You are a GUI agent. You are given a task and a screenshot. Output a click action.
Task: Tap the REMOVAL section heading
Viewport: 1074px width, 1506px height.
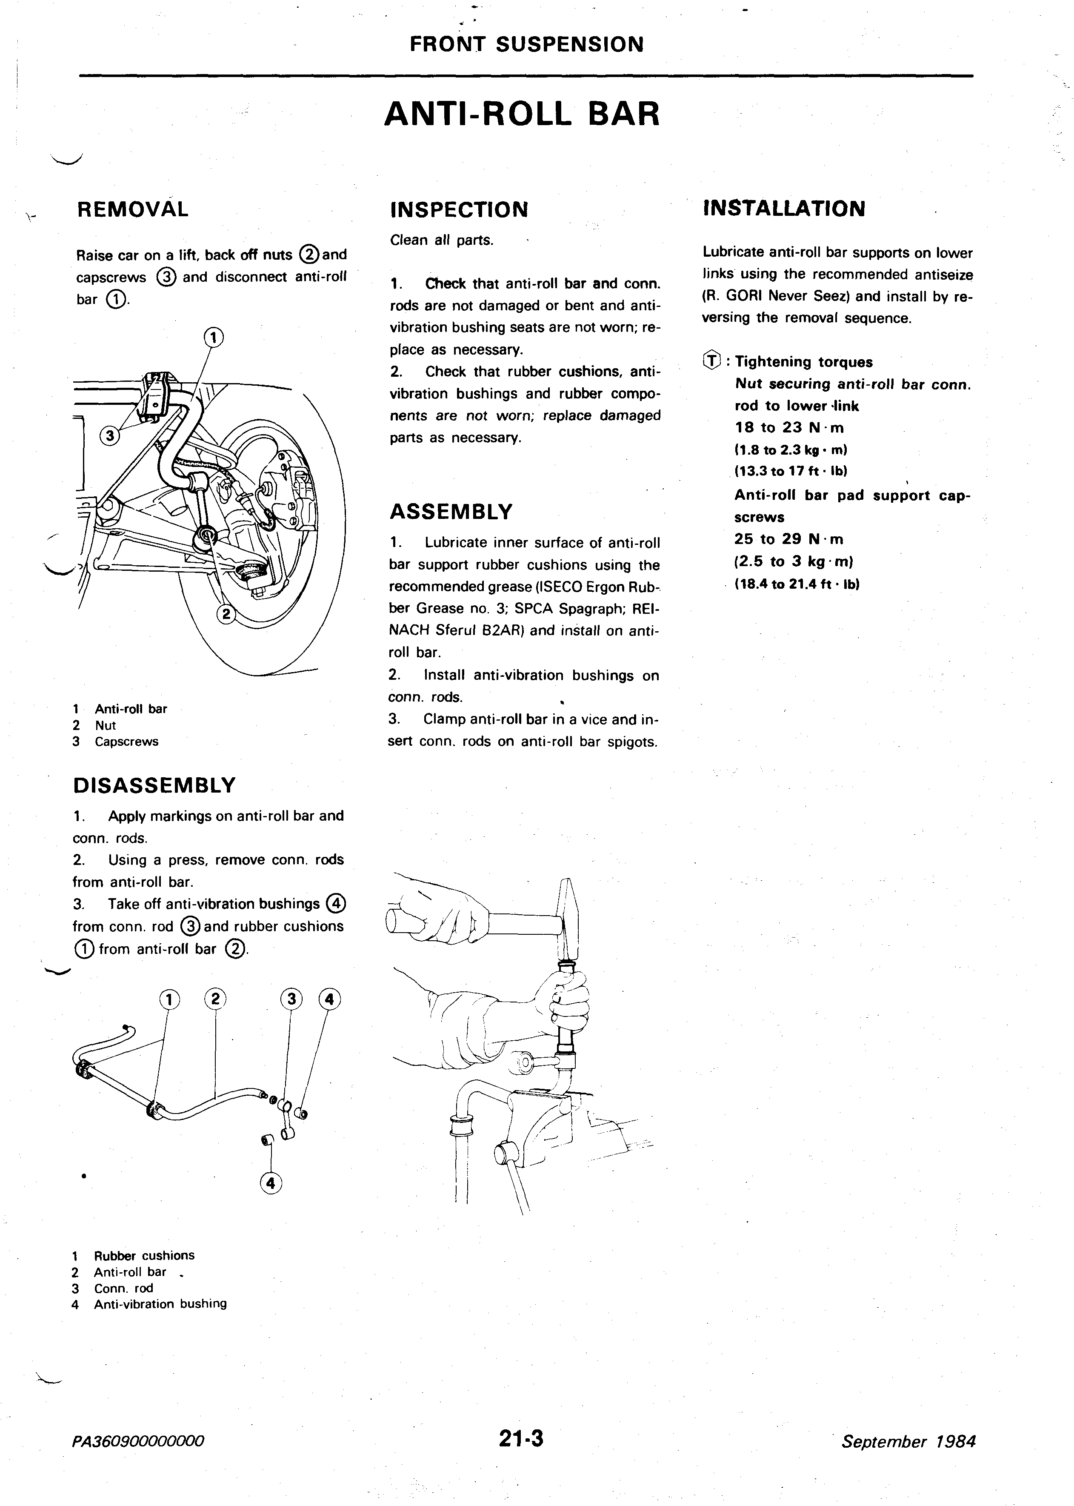(133, 210)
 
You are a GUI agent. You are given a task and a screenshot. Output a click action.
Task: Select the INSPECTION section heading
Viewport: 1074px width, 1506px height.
(460, 210)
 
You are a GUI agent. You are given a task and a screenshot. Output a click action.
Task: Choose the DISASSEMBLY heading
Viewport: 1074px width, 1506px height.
(154, 785)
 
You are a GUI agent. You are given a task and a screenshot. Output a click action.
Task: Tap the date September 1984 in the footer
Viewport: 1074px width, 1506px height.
(908, 1442)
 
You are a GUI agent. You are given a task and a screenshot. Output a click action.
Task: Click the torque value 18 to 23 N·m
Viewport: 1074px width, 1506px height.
(789, 428)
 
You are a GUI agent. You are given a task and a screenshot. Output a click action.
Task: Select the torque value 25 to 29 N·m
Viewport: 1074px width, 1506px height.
(788, 539)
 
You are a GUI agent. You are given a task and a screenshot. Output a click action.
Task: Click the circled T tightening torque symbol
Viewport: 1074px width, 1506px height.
(711, 361)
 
